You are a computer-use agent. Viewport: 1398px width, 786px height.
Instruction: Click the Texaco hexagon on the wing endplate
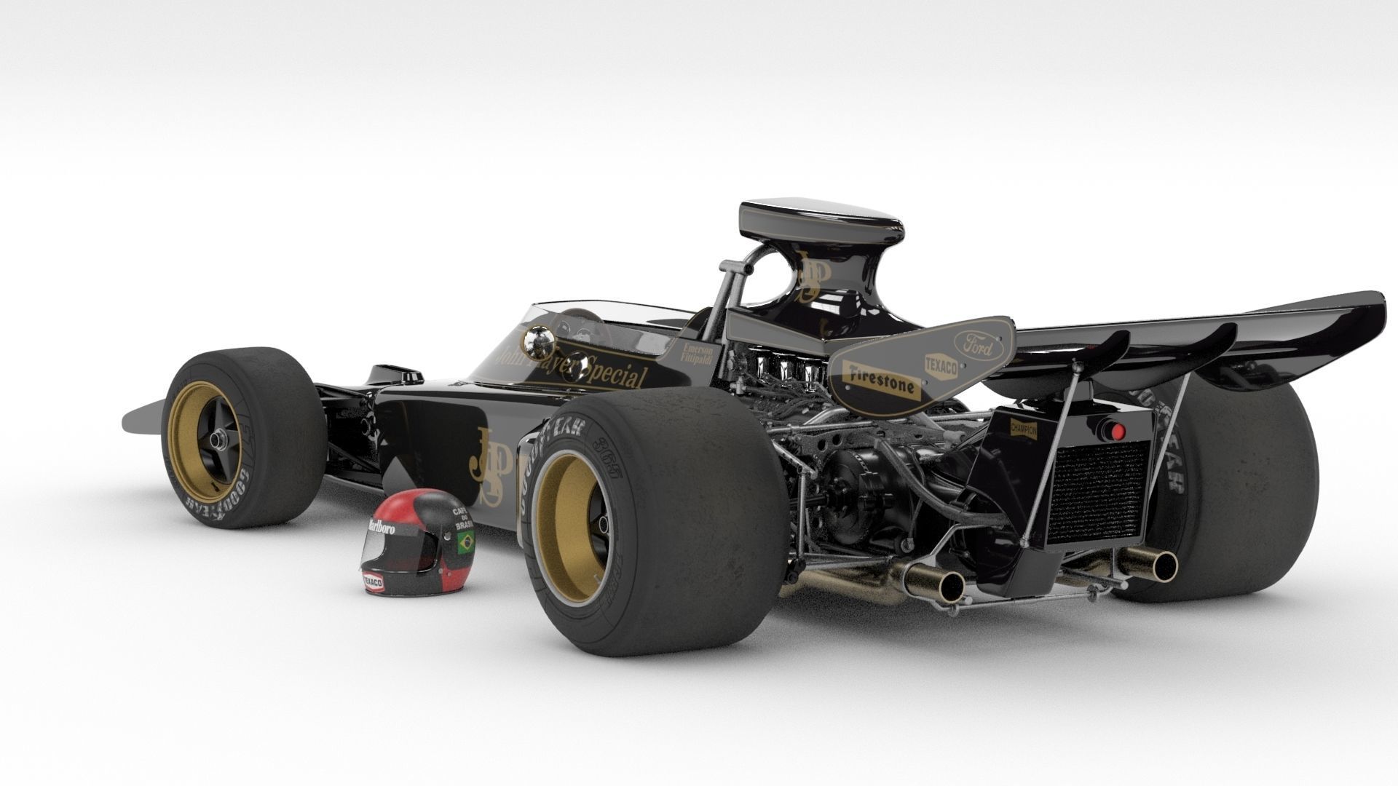941,365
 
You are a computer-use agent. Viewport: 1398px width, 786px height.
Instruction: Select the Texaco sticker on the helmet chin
374,582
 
